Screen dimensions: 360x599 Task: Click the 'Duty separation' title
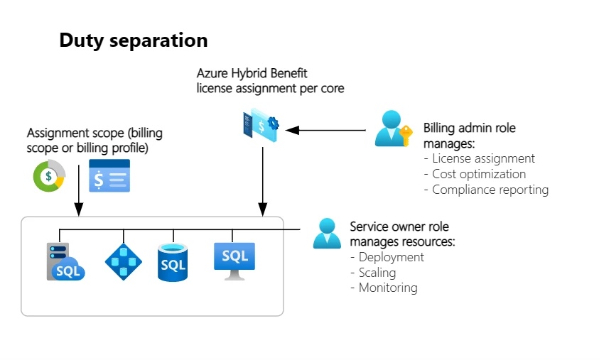[134, 40]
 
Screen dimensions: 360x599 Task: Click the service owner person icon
[327, 234]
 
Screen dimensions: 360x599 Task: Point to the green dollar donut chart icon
[49, 176]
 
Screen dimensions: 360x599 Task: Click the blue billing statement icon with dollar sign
[109, 176]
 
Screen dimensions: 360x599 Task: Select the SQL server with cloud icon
[65, 262]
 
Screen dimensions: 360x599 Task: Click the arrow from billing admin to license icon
[326, 130]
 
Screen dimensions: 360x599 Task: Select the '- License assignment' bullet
[479, 158]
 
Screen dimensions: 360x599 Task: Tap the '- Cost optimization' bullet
[475, 174]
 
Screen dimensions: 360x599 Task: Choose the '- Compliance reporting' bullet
[486, 190]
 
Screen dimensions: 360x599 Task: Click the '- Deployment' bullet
[387, 257]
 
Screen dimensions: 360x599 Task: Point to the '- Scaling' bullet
[373, 273]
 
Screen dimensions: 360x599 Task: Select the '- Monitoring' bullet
[384, 288]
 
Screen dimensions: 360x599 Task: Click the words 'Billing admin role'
[470, 129]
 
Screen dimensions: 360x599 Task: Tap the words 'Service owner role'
[399, 227]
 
